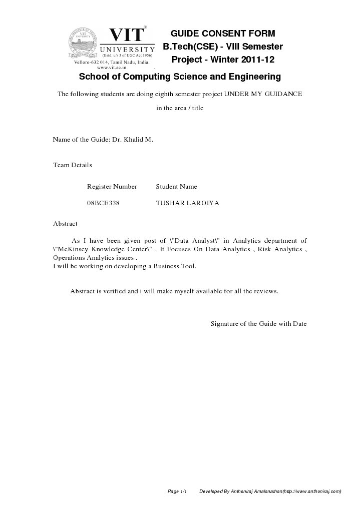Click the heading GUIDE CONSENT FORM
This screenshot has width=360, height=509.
223,34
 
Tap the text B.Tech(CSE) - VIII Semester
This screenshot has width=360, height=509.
223,47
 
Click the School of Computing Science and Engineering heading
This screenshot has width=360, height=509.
180,77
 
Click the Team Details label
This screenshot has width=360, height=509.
72,165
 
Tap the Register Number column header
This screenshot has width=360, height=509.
112,187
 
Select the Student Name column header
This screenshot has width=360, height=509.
176,187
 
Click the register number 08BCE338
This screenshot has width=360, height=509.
103,203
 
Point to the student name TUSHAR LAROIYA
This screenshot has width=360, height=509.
187,203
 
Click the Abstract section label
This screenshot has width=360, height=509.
65,224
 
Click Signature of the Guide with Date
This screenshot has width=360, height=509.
258,324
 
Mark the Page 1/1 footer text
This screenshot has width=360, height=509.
177,491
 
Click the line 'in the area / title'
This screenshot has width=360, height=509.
180,108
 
